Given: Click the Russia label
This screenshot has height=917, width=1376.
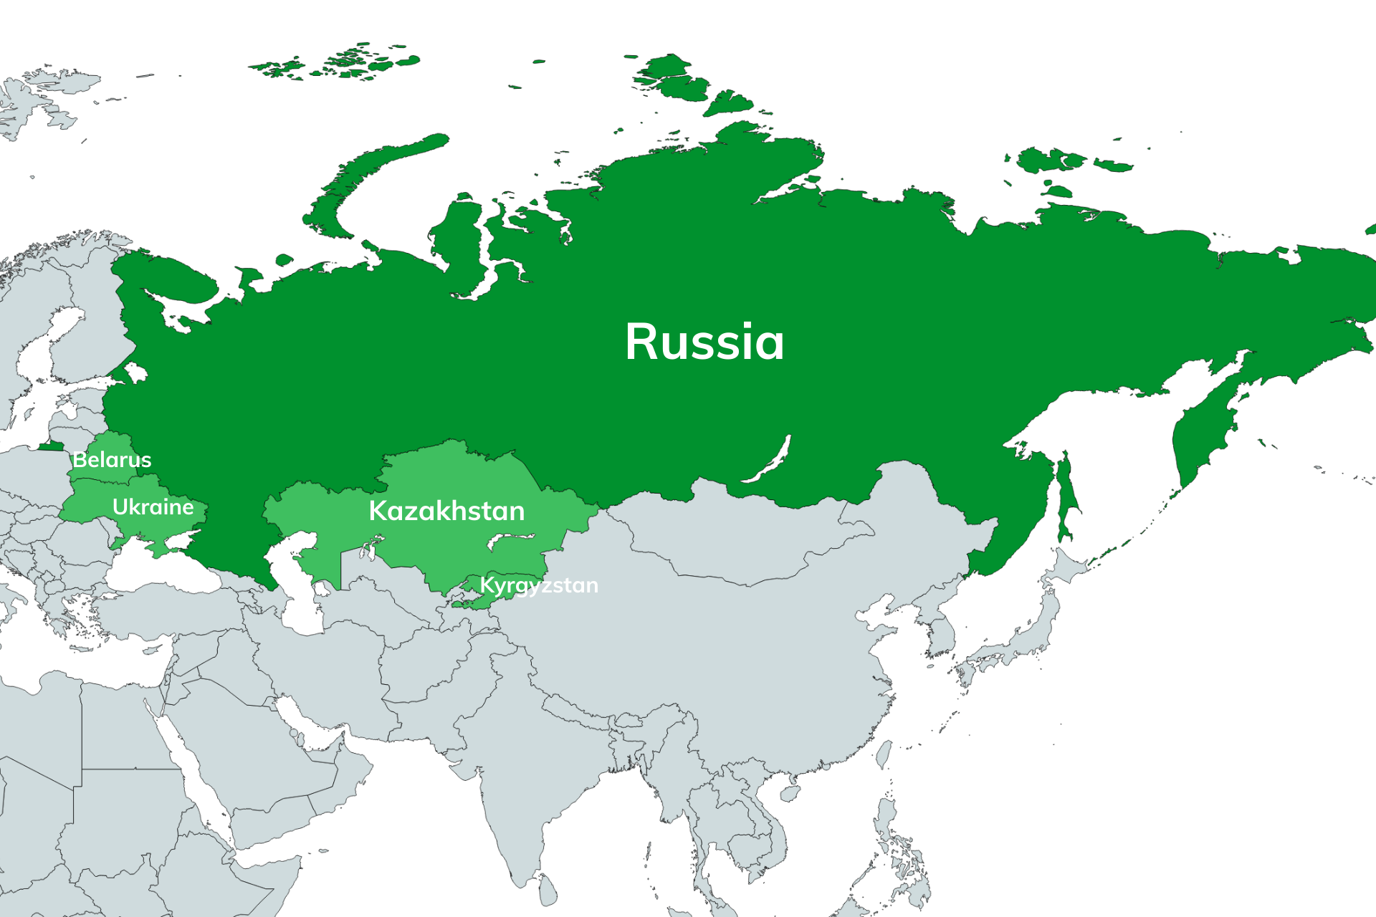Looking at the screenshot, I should click(704, 342).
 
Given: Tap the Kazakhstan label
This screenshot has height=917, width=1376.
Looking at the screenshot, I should click(446, 511).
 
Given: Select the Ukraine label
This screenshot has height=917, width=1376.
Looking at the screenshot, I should click(153, 507).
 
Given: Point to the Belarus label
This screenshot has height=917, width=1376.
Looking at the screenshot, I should click(112, 459).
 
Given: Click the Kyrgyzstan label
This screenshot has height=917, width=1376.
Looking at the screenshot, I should click(538, 585).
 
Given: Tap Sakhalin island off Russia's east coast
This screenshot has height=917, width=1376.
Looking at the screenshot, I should click(1066, 494).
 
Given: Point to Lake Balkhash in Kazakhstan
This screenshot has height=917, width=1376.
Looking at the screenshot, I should click(510, 539).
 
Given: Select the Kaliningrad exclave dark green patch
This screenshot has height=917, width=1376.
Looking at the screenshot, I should click(50, 446).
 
